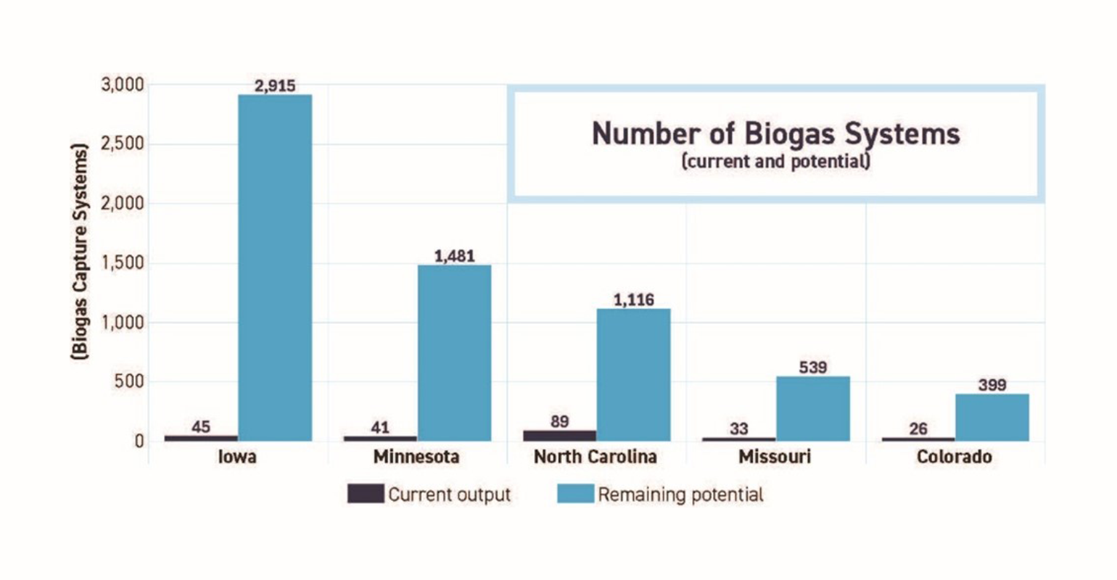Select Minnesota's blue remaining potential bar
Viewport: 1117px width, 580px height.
pyautogui.click(x=454, y=352)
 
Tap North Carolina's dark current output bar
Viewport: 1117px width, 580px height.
pyautogui.click(x=559, y=435)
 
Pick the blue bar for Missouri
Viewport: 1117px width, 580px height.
pyautogui.click(x=812, y=408)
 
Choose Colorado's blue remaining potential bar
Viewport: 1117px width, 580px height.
pyautogui.click(x=992, y=417)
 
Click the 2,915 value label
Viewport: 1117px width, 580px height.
pyautogui.click(x=275, y=86)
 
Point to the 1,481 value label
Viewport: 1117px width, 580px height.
pyautogui.click(x=454, y=256)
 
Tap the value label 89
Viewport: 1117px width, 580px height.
pyautogui.click(x=559, y=421)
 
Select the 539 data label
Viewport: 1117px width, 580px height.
pyautogui.click(x=812, y=368)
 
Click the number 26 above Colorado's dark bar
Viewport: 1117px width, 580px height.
pyautogui.click(x=918, y=428)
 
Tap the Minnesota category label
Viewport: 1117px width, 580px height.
pyautogui.click(x=416, y=457)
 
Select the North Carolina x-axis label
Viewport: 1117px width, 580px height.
pyautogui.click(x=595, y=457)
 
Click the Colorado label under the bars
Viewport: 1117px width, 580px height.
pyautogui.click(x=954, y=457)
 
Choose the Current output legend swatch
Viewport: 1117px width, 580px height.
pyautogui.click(x=365, y=494)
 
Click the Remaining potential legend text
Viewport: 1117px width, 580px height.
pyautogui.click(x=680, y=495)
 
